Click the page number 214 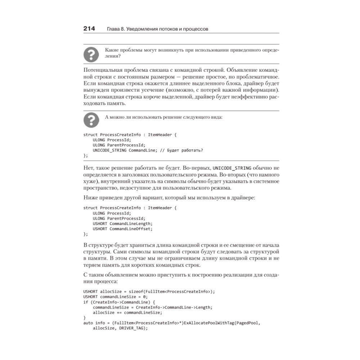tap(89, 28)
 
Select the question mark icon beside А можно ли tap(91, 120)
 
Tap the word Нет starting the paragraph tap(88, 168)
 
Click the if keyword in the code tap(85, 302)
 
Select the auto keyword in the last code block tap(88, 323)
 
